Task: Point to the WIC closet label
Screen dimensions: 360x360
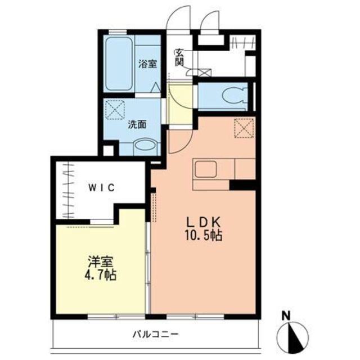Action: tap(101, 188)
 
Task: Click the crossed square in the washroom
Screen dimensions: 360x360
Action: tap(115, 110)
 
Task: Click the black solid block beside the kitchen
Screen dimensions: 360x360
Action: tap(242, 184)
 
